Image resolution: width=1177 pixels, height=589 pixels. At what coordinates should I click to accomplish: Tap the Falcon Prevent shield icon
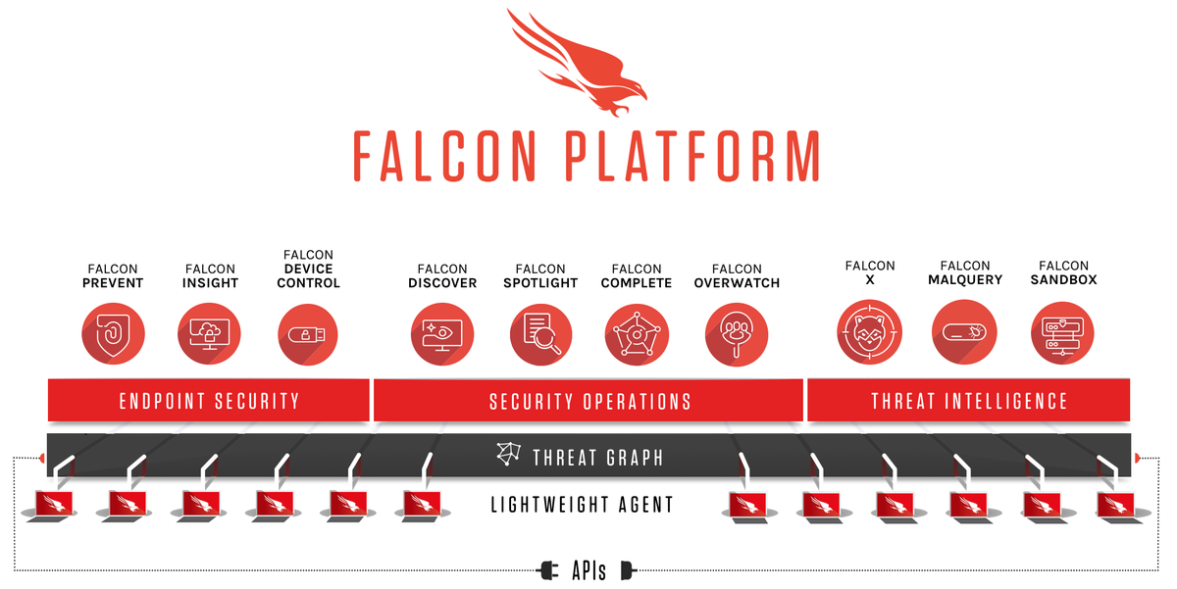pos(113,334)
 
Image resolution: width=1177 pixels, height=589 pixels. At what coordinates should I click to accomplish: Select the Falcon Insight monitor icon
pos(209,334)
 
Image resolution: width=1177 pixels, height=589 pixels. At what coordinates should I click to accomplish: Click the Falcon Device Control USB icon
pos(308,334)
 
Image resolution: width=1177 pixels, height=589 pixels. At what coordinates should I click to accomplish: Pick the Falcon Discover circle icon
pos(442,334)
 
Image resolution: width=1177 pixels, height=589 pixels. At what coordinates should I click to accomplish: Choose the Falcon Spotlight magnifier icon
pos(540,334)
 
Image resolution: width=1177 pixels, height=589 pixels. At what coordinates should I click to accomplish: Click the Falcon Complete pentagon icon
pos(637,334)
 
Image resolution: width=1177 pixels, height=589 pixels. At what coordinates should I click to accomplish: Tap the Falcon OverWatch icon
pos(737,334)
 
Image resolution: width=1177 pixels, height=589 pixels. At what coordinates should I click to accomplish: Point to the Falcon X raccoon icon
pos(870,332)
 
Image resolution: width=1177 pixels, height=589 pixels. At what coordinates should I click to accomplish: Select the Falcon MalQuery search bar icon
pos(965,332)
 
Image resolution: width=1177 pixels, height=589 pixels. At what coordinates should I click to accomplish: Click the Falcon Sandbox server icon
pos(1062,332)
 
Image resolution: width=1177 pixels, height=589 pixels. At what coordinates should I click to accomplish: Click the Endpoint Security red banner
pos(209,400)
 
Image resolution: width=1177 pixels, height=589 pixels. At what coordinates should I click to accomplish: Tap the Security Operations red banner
pos(588,400)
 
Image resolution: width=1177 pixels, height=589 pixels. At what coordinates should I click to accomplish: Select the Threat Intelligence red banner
pos(969,400)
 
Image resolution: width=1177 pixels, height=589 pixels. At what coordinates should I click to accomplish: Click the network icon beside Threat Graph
pos(509,454)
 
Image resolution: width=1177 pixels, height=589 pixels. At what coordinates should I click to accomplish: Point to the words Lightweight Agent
pos(583,505)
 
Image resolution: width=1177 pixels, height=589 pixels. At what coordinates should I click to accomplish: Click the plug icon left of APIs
pos(548,570)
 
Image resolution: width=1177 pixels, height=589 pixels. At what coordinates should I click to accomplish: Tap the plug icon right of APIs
pos(629,570)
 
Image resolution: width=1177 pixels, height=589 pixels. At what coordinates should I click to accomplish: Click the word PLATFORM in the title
pos(692,156)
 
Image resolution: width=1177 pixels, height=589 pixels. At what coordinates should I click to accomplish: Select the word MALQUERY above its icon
pos(965,280)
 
